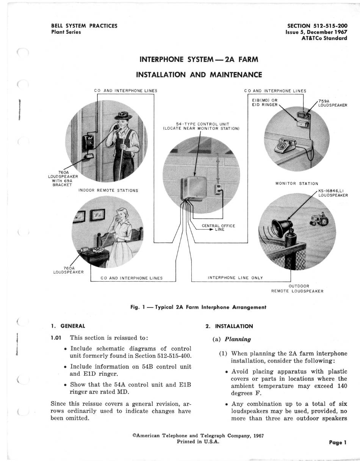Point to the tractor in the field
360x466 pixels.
click(x=319, y=220)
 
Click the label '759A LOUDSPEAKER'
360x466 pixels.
click(x=332, y=103)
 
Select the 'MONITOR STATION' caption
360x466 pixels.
click(x=297, y=184)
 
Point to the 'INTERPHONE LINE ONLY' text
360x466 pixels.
click(x=235, y=278)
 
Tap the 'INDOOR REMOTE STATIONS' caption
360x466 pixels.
click(x=108, y=190)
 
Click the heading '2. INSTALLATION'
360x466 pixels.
click(x=229, y=326)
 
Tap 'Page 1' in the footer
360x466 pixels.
click(x=338, y=442)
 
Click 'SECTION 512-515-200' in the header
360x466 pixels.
click(x=317, y=26)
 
